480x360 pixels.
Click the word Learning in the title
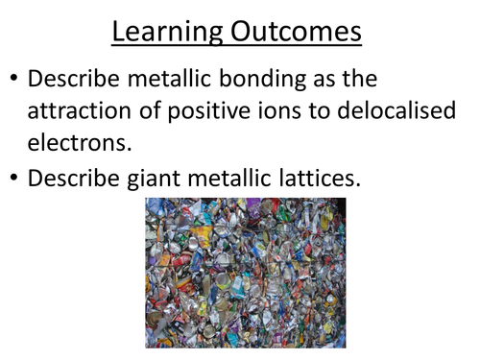[x=169, y=33]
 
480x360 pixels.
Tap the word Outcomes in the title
[x=298, y=33]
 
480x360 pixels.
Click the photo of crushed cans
[x=245, y=273]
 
